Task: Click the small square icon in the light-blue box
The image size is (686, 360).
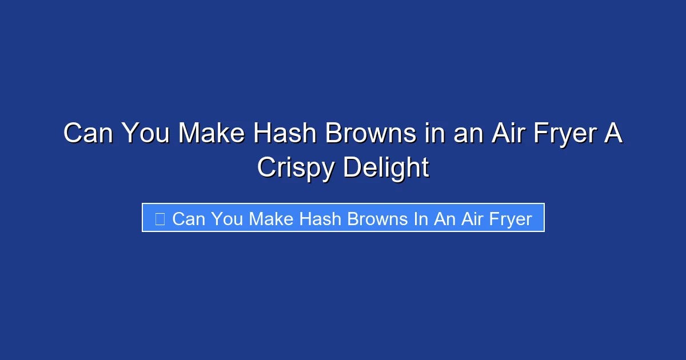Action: point(160,219)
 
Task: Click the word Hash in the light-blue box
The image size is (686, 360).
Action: point(325,219)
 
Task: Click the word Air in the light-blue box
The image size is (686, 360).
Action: point(472,219)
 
